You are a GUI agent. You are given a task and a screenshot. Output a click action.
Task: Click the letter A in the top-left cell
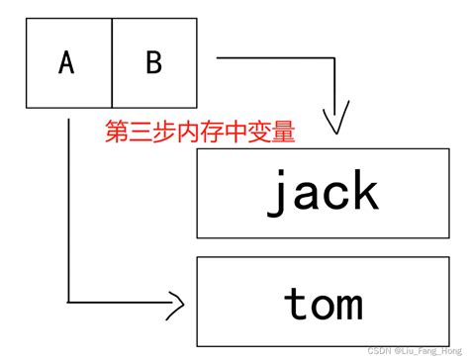pyautogui.click(x=66, y=63)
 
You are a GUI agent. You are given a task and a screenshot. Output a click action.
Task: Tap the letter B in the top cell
pyautogui.click(x=153, y=63)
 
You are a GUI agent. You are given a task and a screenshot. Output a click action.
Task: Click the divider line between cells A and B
pyautogui.click(x=112, y=63)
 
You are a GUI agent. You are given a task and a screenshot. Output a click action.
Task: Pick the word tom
pyautogui.click(x=324, y=304)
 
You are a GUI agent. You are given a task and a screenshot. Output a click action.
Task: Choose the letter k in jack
pyautogui.click(x=364, y=191)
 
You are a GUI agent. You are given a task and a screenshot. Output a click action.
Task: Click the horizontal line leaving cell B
pyautogui.click(x=277, y=57)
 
